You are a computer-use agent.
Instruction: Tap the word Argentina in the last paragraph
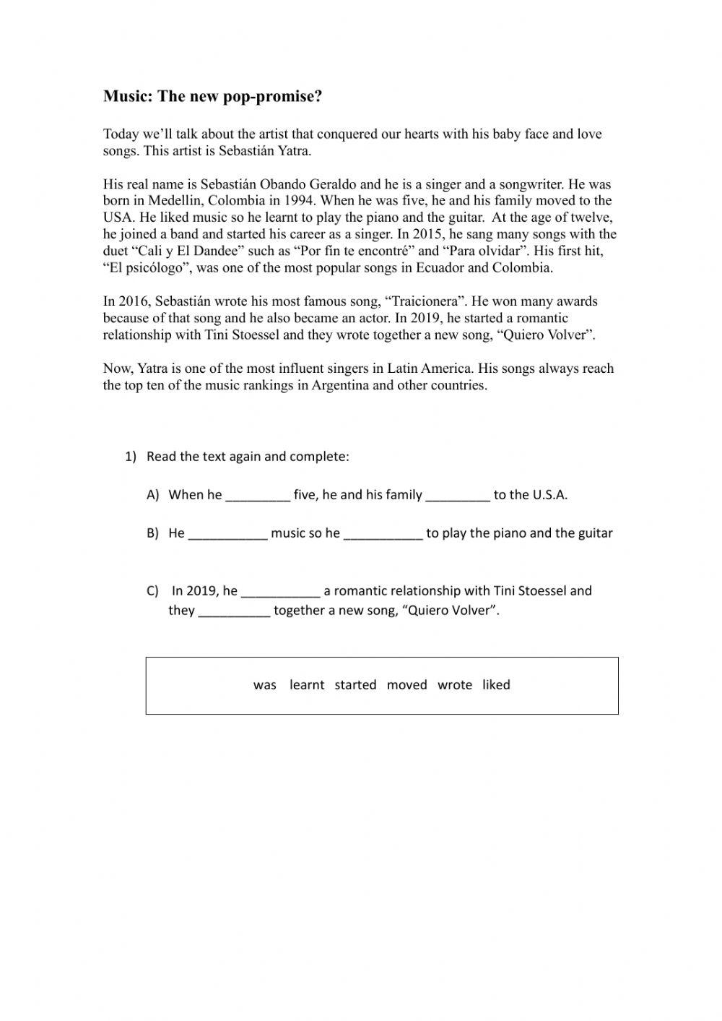point(341,385)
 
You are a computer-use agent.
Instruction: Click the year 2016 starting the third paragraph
point(133,301)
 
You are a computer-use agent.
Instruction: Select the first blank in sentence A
point(258,496)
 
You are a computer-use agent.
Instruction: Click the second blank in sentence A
point(458,496)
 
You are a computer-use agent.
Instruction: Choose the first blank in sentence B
point(227,534)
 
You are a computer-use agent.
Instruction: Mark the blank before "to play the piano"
point(383,534)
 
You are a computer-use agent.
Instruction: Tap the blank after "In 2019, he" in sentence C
point(280,592)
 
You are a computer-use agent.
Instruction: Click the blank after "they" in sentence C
point(234,611)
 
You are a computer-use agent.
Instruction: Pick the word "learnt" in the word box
point(307,685)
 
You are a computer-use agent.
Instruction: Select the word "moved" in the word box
point(406,685)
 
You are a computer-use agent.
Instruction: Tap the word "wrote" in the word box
point(455,685)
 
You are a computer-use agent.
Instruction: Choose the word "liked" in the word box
point(496,685)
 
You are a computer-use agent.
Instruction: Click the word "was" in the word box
point(265,685)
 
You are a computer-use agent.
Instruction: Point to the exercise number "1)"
point(130,457)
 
